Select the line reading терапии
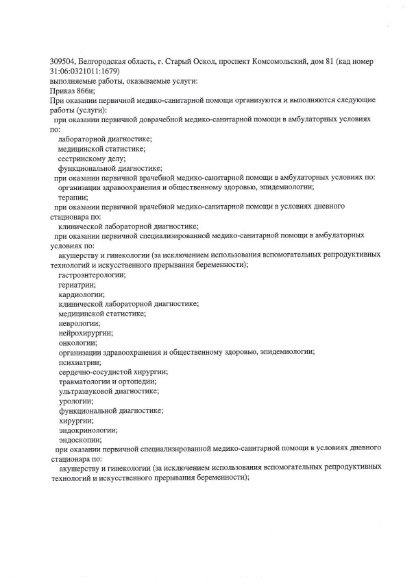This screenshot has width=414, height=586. click(73, 196)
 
